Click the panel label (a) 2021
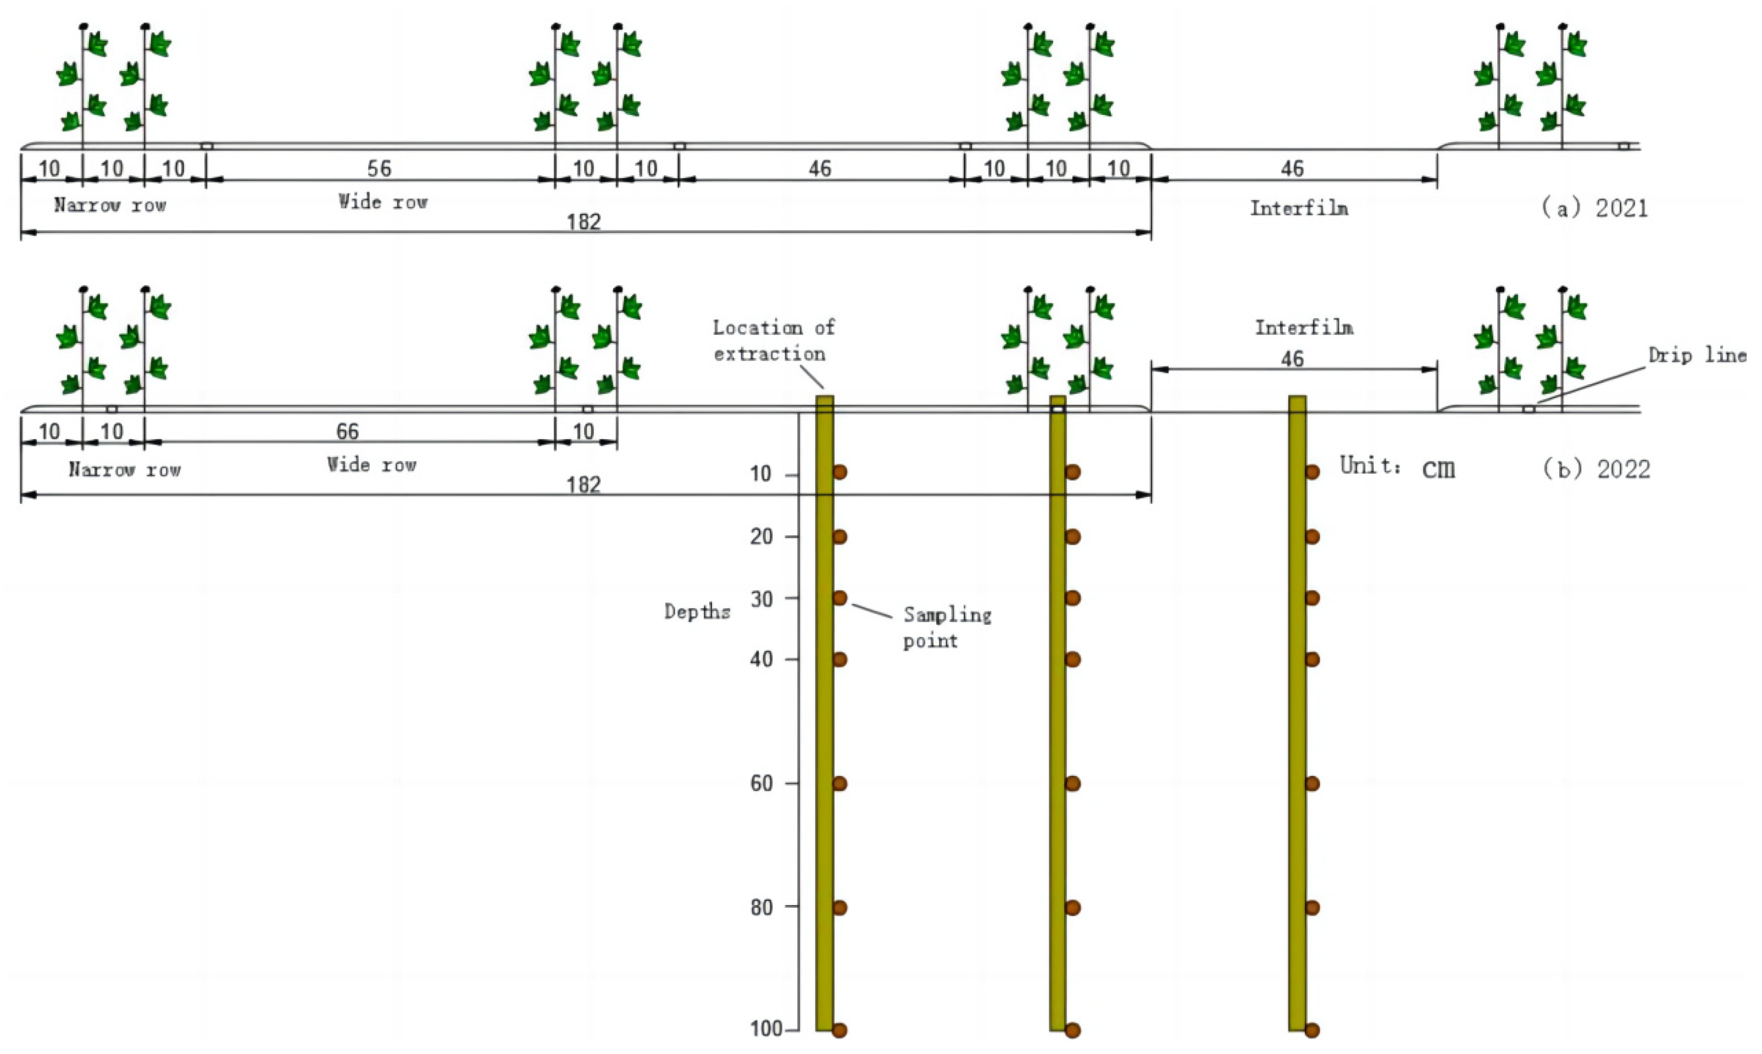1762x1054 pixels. click(1594, 208)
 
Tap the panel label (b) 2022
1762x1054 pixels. click(1596, 469)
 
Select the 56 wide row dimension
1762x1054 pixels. click(379, 168)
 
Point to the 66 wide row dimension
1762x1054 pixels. click(347, 431)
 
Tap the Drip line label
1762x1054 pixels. click(1697, 355)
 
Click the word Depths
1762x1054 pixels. click(697, 612)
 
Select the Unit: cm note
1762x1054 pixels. click(1397, 467)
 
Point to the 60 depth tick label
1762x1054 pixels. click(761, 784)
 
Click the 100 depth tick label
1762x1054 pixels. click(765, 1029)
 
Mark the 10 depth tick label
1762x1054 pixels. click(760, 474)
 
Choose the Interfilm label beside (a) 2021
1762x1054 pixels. click(1298, 208)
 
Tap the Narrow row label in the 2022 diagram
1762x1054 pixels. click(124, 469)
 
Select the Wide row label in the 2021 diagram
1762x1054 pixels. click(382, 202)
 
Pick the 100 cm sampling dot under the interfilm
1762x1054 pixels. click(1312, 1030)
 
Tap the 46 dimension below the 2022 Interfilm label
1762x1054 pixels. click(1292, 359)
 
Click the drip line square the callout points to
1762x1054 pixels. click(1528, 409)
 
